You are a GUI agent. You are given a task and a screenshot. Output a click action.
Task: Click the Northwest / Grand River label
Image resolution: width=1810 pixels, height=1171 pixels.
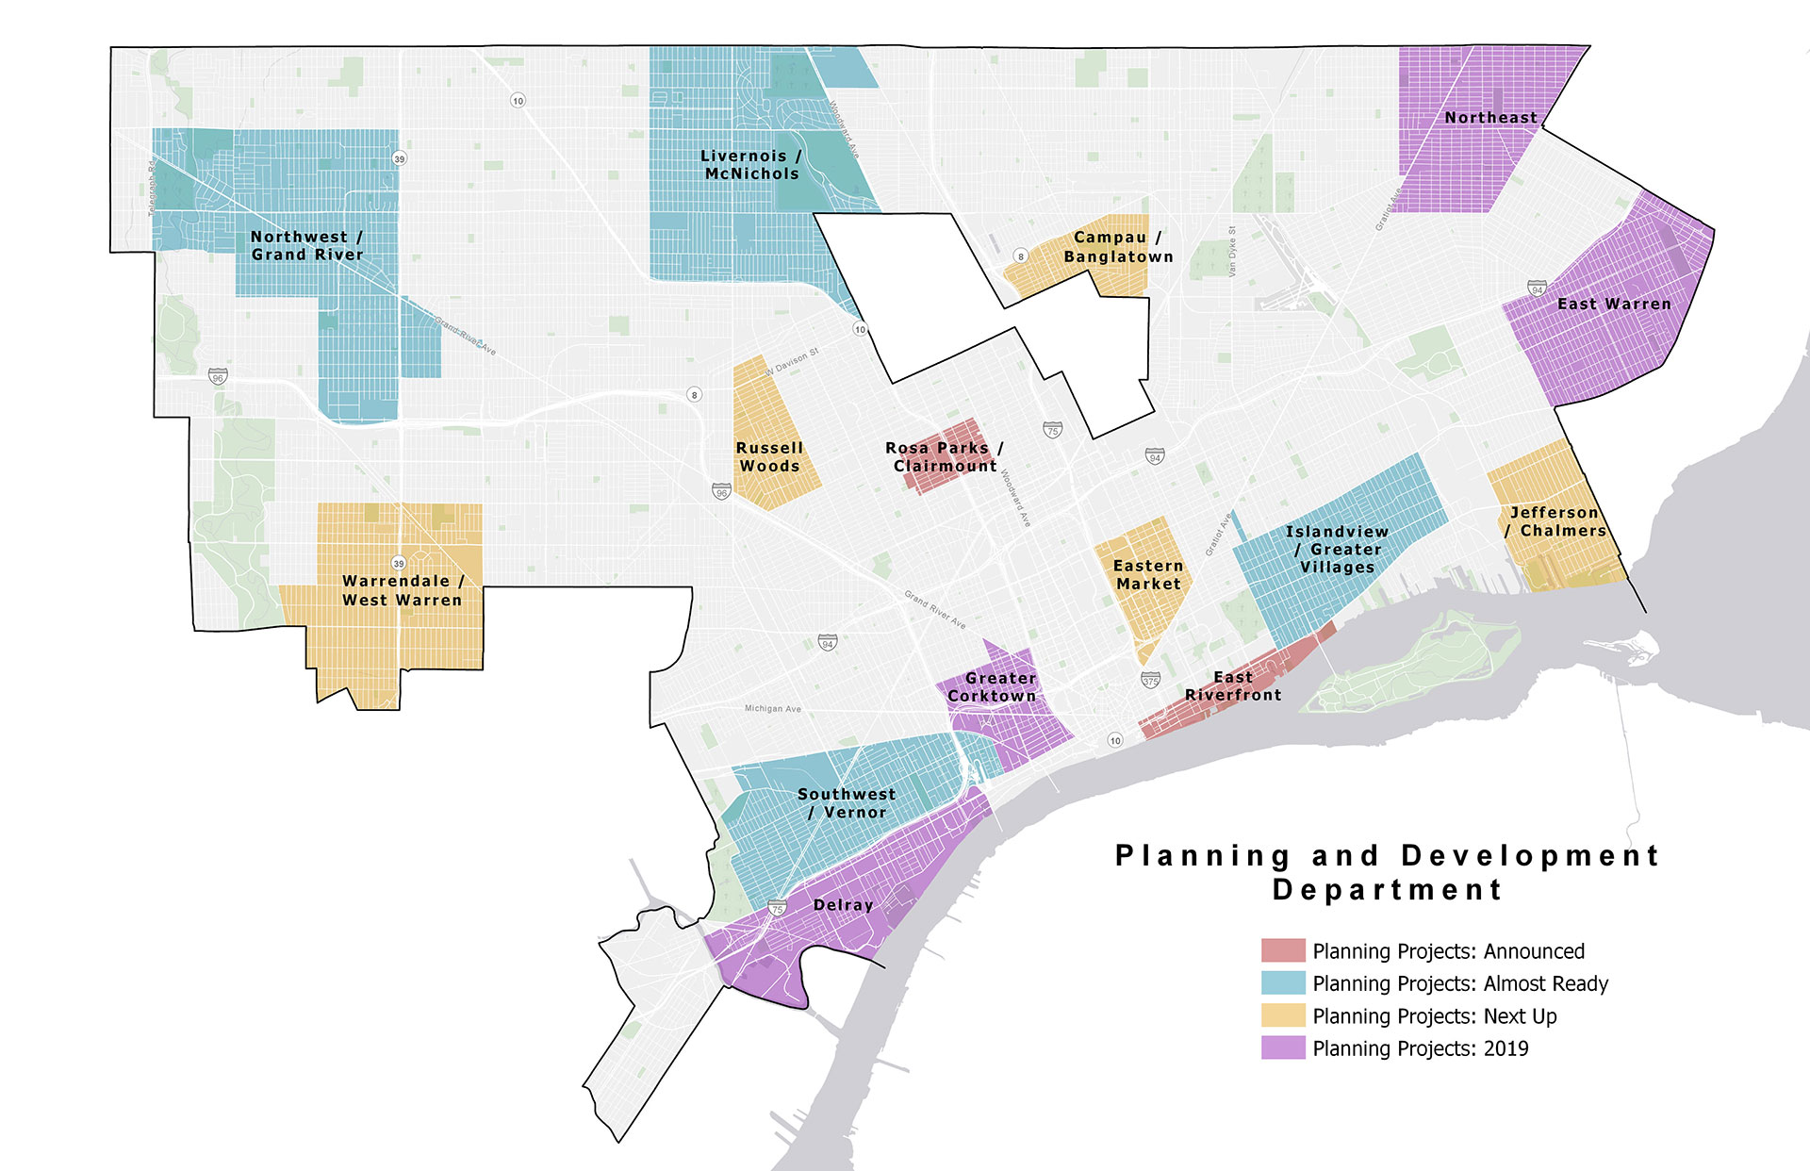click(x=306, y=246)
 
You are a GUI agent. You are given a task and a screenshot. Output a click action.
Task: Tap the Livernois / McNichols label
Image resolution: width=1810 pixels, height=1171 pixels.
click(x=751, y=165)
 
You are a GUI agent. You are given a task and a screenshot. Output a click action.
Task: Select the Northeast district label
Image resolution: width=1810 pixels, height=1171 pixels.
click(x=1490, y=118)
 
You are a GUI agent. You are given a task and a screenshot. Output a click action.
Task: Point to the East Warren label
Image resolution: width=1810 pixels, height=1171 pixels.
click(x=1614, y=305)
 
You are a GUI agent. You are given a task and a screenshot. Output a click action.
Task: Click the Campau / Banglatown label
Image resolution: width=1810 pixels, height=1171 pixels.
click(x=1118, y=247)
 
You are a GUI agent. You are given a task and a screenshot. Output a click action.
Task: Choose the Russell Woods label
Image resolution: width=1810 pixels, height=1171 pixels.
click(x=769, y=457)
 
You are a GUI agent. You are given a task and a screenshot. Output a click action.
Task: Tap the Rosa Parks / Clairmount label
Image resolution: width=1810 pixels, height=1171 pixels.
click(x=944, y=457)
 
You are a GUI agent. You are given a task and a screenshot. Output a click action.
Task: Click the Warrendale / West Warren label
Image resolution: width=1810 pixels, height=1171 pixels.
click(x=403, y=590)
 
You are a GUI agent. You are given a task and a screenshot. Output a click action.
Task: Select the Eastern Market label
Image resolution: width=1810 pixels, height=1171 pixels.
click(x=1147, y=575)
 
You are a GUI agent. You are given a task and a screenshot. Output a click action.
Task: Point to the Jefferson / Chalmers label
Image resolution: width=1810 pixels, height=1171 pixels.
click(x=1556, y=521)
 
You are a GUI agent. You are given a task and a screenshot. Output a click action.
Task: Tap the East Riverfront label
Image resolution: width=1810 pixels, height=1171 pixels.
click(x=1233, y=686)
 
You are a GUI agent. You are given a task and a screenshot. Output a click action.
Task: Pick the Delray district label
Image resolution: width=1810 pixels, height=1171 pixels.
click(x=843, y=905)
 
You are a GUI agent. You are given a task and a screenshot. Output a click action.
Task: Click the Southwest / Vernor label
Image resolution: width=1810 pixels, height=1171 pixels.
click(x=847, y=803)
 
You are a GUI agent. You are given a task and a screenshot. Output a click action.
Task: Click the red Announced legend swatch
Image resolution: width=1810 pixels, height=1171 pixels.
click(x=1283, y=950)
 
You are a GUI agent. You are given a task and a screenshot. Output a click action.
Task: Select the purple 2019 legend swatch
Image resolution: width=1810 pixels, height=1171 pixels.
click(x=1283, y=1047)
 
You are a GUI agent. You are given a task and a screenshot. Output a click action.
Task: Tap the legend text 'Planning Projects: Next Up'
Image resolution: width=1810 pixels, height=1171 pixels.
click(x=1434, y=1016)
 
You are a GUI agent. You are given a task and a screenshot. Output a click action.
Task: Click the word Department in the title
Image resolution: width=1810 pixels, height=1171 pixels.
click(x=1387, y=890)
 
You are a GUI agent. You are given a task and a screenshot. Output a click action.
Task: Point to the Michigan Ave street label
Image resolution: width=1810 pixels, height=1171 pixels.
click(x=772, y=709)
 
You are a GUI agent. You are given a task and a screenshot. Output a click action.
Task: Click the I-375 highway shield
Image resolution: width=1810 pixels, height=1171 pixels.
click(x=1150, y=680)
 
